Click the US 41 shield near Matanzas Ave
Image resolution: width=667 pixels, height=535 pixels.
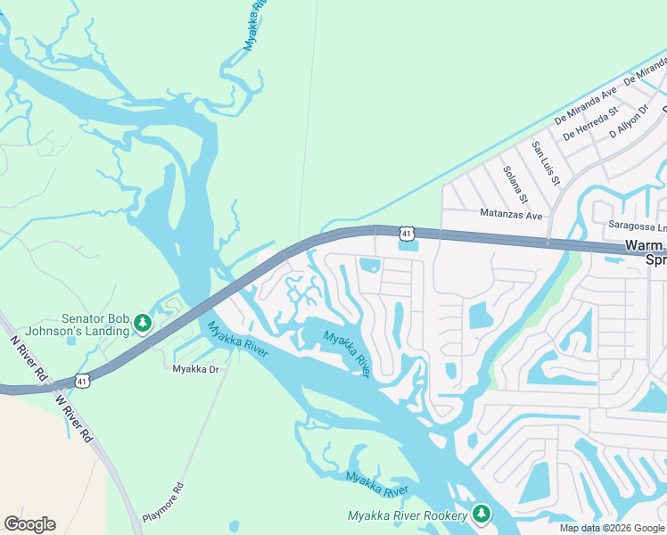click(407, 233)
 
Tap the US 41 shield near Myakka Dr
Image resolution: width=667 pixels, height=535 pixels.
click(81, 381)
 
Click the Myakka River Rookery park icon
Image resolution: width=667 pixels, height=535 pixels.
click(482, 514)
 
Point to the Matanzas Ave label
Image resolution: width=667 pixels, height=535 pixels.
click(511, 215)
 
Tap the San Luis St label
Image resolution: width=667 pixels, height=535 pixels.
click(545, 163)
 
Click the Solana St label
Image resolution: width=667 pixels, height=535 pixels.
click(515, 185)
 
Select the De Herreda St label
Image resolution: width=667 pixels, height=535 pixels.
click(590, 124)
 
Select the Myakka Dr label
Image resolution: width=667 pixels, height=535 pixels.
click(195, 368)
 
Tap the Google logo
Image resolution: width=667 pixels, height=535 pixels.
click(29, 524)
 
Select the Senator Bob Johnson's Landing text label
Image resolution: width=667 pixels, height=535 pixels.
click(95, 325)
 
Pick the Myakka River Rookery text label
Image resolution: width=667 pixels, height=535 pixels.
click(407, 516)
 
